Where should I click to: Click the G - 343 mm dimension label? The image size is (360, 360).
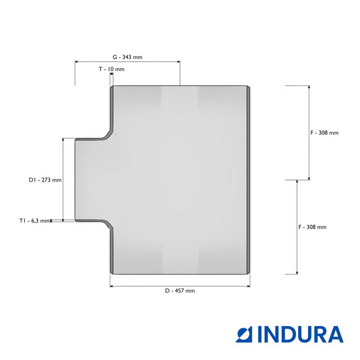pyautogui.click(x=128, y=57)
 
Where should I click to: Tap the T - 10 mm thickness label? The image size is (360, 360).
pyautogui.click(x=111, y=69)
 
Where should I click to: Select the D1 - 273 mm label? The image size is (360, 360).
pyautogui.click(x=45, y=180)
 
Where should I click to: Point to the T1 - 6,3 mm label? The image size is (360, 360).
pyautogui.click(x=34, y=221)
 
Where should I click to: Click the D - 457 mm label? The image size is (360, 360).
pyautogui.click(x=180, y=291)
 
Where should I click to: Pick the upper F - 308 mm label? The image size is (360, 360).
pyautogui.click(x=325, y=133)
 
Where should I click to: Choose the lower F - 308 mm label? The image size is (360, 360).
pyautogui.click(x=312, y=227)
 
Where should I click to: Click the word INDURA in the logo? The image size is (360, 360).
pyautogui.click(x=301, y=335)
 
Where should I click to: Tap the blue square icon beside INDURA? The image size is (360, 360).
pyautogui.click(x=244, y=335)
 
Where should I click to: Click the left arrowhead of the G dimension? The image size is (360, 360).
pyautogui.click(x=76, y=61)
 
